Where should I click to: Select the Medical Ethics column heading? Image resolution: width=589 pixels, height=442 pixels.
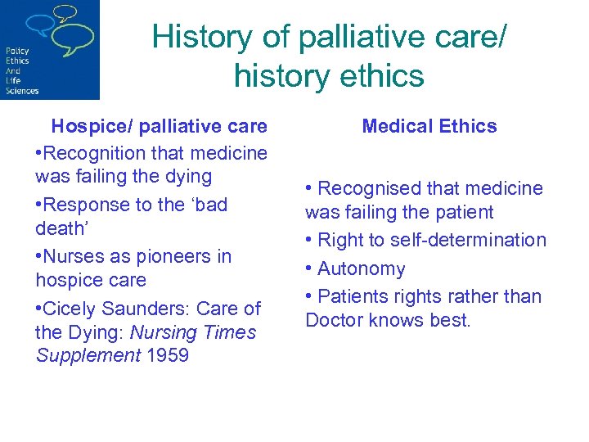[x=429, y=126]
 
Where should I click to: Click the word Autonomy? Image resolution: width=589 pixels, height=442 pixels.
[x=361, y=268]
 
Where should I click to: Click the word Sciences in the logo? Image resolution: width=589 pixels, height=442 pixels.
[x=22, y=91]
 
